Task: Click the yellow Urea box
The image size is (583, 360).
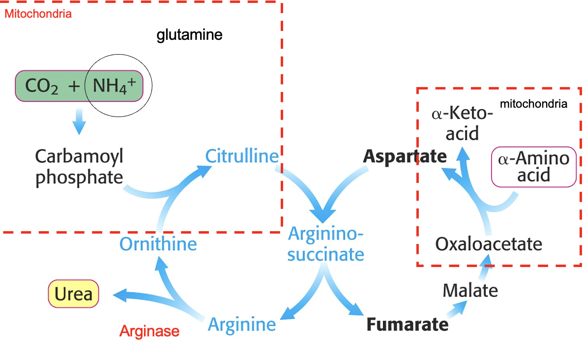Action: [x=74, y=294]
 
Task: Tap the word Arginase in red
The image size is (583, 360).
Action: [x=149, y=331]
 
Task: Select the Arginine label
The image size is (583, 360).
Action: [x=242, y=325]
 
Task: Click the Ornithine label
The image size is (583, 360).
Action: [x=158, y=244]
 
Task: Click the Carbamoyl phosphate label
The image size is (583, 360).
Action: [x=79, y=167]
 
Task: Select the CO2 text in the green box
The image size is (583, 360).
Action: [x=42, y=87]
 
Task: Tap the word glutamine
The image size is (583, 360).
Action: [x=190, y=35]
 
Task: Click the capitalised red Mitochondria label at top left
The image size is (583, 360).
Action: [x=38, y=14]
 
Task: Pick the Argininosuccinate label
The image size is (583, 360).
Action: [x=326, y=244]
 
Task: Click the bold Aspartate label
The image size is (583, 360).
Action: [x=405, y=156]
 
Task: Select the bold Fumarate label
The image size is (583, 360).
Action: [x=408, y=325]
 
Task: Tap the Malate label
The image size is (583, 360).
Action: [x=470, y=290]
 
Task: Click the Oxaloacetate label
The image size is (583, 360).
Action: [x=489, y=244]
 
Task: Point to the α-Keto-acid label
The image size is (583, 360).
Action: [x=462, y=123]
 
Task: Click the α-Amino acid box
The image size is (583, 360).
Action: [x=534, y=167]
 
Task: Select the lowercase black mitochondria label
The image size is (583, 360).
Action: [x=533, y=104]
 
